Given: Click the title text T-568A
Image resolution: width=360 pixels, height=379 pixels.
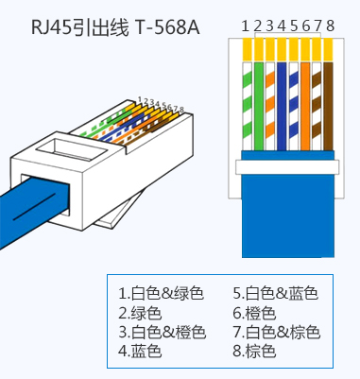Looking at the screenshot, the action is (x=167, y=27).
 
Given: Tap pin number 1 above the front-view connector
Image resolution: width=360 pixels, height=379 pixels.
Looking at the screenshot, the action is (x=246, y=26).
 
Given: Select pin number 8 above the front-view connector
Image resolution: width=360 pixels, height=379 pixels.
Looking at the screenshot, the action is (x=330, y=26).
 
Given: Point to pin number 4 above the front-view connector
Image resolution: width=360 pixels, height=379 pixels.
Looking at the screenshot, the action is (x=282, y=26).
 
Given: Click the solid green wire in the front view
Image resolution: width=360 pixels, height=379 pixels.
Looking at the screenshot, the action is (x=259, y=106).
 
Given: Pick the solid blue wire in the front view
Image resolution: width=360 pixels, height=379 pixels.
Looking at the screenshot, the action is (x=282, y=106).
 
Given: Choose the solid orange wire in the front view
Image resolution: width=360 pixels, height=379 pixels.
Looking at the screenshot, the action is (x=305, y=106).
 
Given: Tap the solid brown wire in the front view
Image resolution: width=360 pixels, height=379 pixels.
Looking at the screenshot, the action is (x=328, y=106).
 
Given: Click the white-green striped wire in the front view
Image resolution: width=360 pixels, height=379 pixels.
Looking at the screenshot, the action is (x=248, y=106).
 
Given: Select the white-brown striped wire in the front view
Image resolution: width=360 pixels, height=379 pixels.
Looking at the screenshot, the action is (x=317, y=106).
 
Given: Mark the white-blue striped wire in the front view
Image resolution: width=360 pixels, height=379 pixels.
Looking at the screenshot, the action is (x=293, y=106).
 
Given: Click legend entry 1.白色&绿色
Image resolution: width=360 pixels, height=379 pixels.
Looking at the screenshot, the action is (x=161, y=293).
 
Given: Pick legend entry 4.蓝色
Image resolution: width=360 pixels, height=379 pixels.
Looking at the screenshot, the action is (x=140, y=351).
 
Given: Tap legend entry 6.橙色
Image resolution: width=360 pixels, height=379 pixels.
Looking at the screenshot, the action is (x=254, y=313).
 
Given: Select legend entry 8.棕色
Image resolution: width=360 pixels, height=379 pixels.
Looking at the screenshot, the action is (x=254, y=351).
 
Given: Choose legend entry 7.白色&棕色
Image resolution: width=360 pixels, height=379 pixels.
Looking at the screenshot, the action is (x=277, y=332).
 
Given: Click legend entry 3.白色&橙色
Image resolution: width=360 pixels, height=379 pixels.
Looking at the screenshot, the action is (x=162, y=332).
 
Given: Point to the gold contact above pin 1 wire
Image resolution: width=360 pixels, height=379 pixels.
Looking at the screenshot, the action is (x=248, y=49).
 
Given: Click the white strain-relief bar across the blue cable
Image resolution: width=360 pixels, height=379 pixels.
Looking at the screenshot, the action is (x=287, y=167).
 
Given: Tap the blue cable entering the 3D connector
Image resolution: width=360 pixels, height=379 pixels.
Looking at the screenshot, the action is (x=30, y=208).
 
